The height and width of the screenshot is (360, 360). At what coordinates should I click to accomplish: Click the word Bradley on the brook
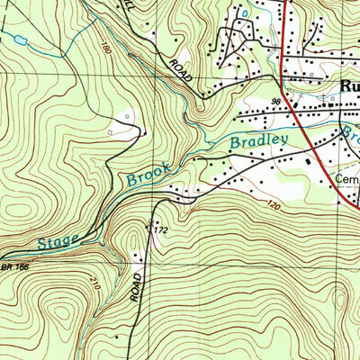point(258,142)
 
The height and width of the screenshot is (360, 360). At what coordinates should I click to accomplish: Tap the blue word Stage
point(59,239)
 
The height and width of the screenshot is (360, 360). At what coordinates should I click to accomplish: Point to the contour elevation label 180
point(108,46)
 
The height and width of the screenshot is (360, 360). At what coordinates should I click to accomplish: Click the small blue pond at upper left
point(18,40)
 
